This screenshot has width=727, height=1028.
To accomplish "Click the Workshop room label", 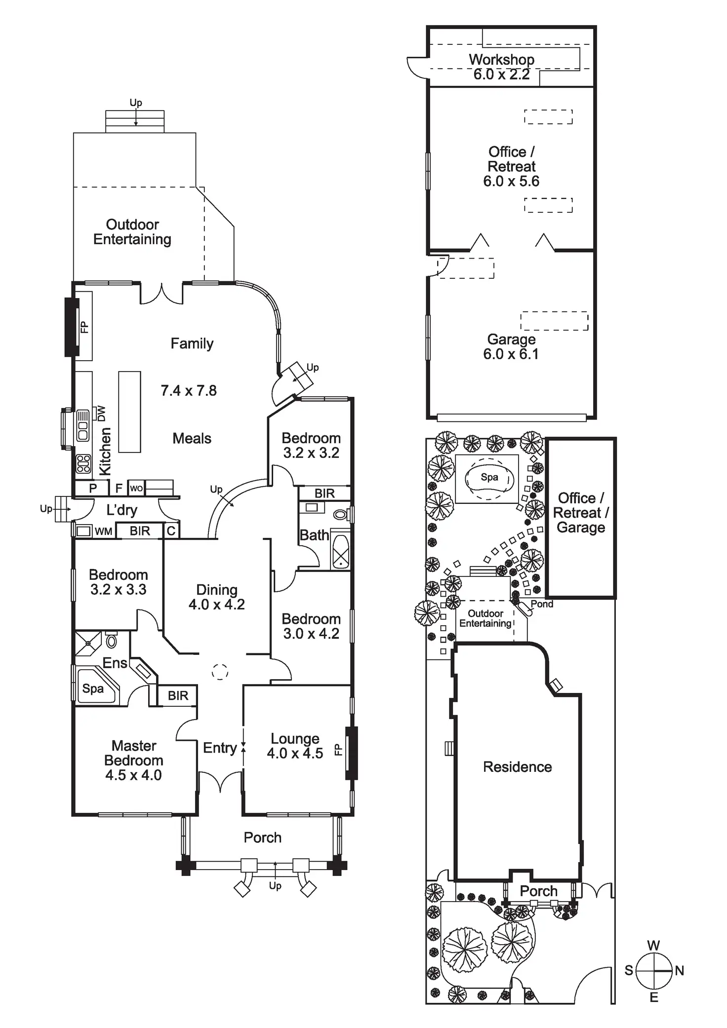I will (501, 60).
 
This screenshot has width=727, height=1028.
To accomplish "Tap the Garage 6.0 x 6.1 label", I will (511, 346).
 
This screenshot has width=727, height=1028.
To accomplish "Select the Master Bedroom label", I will (133, 760).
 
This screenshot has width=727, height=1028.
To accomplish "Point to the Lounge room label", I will (295, 739).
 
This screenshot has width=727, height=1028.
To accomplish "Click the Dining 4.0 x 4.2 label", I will (217, 597).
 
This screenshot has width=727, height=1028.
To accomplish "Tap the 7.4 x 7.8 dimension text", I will (189, 391).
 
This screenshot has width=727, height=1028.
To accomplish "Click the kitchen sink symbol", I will (82, 425).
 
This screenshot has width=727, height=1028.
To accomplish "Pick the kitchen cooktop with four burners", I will (83, 464).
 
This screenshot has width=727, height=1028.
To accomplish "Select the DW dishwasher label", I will (101, 414).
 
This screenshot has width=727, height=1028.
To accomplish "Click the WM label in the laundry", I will (103, 532).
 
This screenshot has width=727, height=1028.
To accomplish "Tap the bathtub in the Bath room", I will (340, 550).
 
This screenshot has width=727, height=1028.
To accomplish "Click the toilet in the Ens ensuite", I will (112, 641).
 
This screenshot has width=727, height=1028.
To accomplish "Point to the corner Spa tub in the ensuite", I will (95, 687).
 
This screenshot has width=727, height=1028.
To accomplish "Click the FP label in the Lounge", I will (338, 750).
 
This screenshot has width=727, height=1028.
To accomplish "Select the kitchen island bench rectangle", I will (129, 412).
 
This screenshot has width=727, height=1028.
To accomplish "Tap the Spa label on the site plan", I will (489, 477).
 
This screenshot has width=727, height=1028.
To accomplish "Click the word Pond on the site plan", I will (542, 604).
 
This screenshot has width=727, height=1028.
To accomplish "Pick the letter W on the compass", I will (653, 946).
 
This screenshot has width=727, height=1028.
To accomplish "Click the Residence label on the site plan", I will (517, 767).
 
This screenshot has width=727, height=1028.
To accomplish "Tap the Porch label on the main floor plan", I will (262, 838).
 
